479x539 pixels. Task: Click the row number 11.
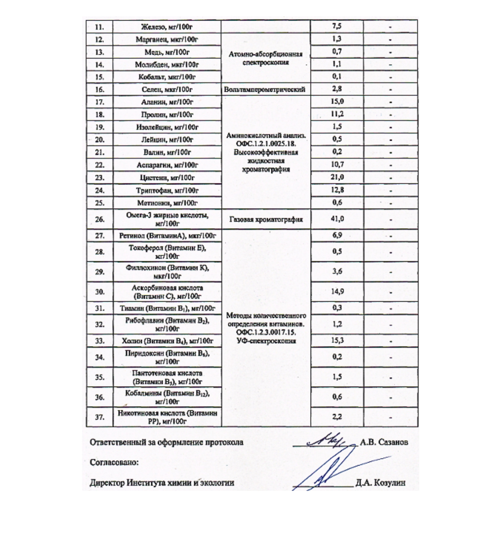[x=99, y=27]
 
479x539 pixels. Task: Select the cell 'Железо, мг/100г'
[x=167, y=27]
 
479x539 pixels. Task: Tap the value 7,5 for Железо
[x=337, y=26]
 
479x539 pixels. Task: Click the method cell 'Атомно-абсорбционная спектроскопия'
[x=266, y=58]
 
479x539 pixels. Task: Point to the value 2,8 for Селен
[x=337, y=89]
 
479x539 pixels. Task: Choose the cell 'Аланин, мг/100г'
[x=167, y=102]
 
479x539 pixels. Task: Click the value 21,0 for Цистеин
[x=337, y=177]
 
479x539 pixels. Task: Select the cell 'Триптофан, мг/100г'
[x=167, y=190]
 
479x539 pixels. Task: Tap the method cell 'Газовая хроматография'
[x=266, y=219]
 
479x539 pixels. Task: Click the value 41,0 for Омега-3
[x=337, y=219]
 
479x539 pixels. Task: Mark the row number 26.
[x=100, y=219]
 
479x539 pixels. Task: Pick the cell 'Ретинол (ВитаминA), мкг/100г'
[x=167, y=235]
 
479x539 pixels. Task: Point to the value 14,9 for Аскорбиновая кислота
[x=337, y=291]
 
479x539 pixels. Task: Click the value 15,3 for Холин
[x=337, y=341]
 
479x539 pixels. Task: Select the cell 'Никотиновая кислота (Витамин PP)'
[x=167, y=417]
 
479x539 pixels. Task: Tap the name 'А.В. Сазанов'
[x=384, y=442]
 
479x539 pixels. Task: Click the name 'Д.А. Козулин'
[x=380, y=483]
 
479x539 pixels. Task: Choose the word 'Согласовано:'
[x=114, y=462]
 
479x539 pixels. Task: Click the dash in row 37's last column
[x=390, y=417]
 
